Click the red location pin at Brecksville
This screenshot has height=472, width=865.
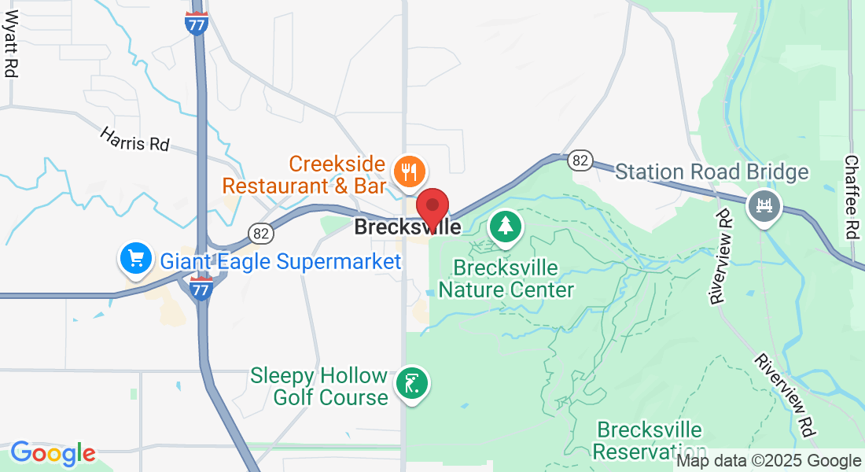432,208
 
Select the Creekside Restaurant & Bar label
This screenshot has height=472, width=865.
305,175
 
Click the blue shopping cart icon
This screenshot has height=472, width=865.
135,258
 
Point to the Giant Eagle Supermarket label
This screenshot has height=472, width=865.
281,261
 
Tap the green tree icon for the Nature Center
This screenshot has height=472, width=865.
505,227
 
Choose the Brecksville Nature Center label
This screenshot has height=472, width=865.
506,279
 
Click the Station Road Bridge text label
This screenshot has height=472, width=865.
712,171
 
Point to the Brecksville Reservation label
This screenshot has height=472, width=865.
649,441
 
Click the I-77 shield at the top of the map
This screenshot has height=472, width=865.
197,24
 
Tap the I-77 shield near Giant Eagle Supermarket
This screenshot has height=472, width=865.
201,289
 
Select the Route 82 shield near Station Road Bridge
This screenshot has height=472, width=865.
580,160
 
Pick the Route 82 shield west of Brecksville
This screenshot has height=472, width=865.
260,233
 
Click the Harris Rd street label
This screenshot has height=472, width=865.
134,139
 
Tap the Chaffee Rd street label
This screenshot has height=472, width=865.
851,196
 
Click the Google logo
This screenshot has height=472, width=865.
53,453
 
